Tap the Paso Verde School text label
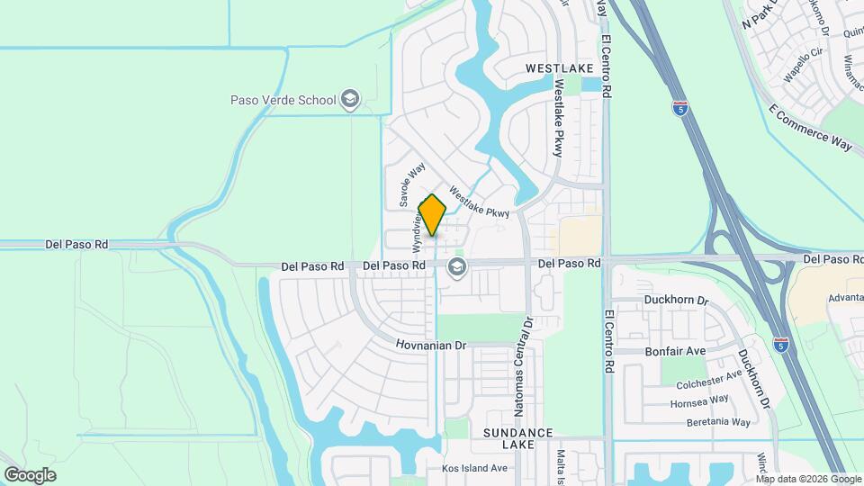pos(282,100)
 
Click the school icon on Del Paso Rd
pos(457,266)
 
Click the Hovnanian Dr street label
pos(432,345)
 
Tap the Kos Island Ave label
pos(474,468)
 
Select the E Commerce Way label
pos(811,129)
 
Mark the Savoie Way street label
pos(413,185)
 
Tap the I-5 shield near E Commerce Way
pos(681,109)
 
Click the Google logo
pos(30,474)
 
